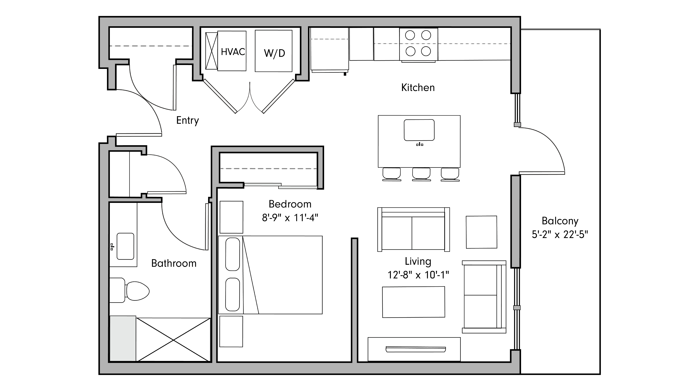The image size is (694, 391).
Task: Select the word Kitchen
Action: tap(418, 88)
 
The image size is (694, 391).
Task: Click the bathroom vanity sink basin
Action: tap(125, 246)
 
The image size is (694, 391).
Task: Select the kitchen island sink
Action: tap(419, 130)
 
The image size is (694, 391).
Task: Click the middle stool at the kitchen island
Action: tap(421, 174)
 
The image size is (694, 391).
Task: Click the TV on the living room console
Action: tap(415, 349)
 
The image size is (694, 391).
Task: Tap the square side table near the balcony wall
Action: tap(481, 232)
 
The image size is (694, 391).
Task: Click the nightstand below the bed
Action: tap(231, 331)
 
